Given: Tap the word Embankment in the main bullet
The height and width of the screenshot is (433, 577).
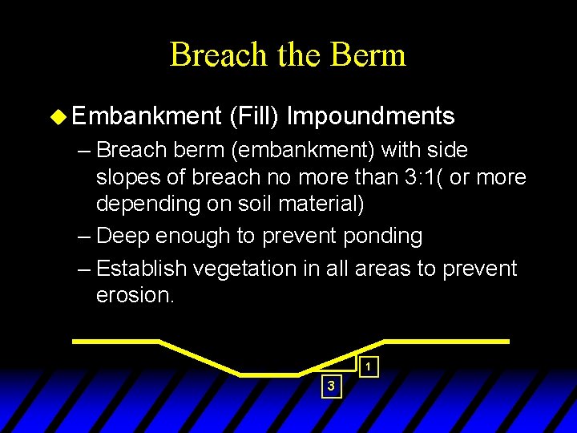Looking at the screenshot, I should point(145,116).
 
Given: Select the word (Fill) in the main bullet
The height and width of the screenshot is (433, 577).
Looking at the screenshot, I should point(253,116).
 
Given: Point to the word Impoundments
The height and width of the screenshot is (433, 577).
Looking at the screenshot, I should point(370,116).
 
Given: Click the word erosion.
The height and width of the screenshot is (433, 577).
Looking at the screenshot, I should point(133,294).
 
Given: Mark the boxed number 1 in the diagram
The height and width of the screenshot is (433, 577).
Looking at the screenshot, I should point(367,367).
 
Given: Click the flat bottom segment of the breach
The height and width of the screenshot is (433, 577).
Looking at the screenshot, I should point(269,374).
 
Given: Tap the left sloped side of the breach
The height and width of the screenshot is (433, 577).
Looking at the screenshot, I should point(200,358).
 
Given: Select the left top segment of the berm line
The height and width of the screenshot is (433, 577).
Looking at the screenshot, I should point(116,342).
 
